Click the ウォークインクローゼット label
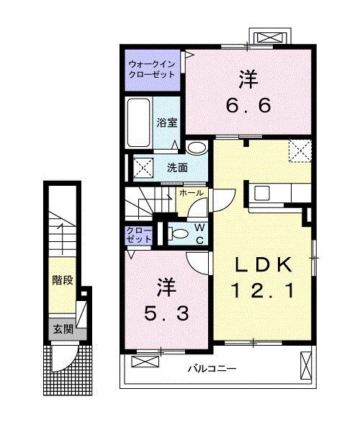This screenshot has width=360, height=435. coord(153,68)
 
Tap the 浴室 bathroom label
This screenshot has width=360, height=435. coord(167,122)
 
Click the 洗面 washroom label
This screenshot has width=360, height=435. coord(178,167)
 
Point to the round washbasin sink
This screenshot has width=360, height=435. coord(195,147)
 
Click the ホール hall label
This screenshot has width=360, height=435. coord(191,194)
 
